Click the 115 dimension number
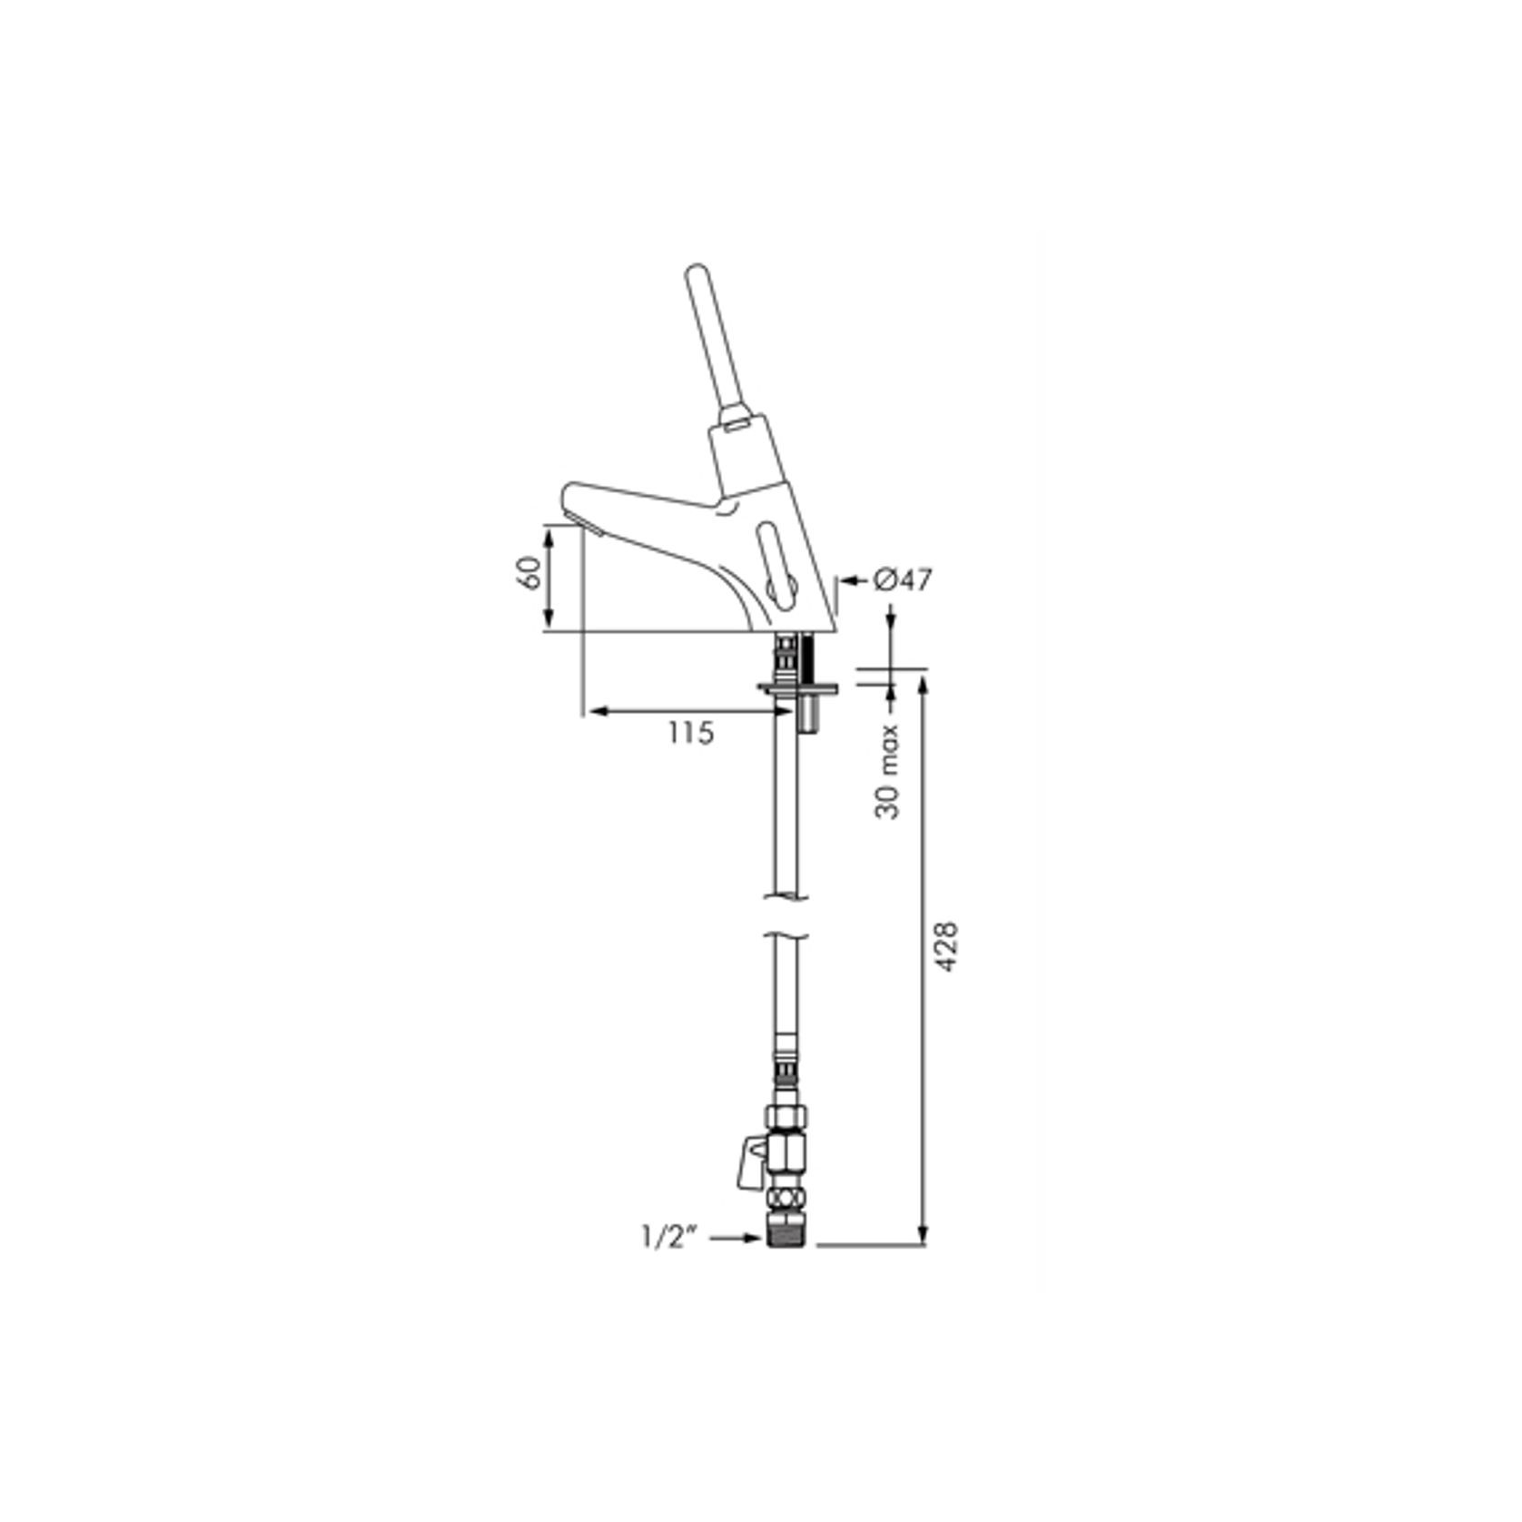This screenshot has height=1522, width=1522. [692, 732]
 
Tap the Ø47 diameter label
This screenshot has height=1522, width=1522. [903, 578]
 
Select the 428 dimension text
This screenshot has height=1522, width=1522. [947, 948]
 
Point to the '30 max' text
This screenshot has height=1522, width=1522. [888, 771]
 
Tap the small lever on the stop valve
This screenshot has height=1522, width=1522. [752, 1164]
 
